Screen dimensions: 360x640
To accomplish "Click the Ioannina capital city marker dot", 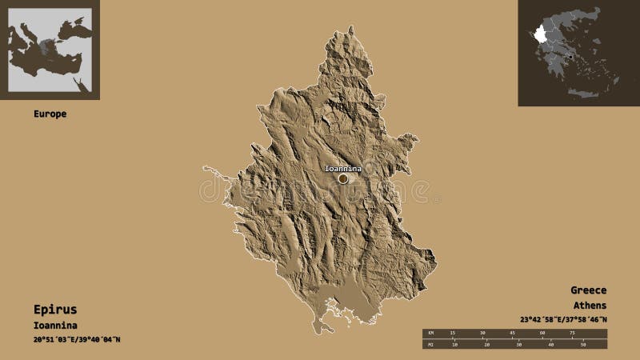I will coord(343,178).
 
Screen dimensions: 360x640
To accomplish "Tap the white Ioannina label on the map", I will coord(342,169).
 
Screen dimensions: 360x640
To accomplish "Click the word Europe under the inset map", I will coord(50,114).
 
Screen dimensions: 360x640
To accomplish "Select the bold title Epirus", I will coord(55,309).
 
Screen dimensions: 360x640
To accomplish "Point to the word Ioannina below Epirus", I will coord(54,325).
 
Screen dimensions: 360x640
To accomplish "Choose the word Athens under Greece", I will coord(590,306).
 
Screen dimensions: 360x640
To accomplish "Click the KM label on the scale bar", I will coord(430,333).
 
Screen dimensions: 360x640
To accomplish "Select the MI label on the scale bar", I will coord(430,345).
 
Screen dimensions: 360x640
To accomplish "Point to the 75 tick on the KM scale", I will coord(572,333).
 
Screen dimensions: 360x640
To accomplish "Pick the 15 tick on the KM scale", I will coord(453,333).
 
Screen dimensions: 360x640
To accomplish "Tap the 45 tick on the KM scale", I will coord(512,333).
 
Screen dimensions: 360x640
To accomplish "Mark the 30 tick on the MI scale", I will coord(519,345).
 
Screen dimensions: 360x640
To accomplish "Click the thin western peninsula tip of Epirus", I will coord(205,168).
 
